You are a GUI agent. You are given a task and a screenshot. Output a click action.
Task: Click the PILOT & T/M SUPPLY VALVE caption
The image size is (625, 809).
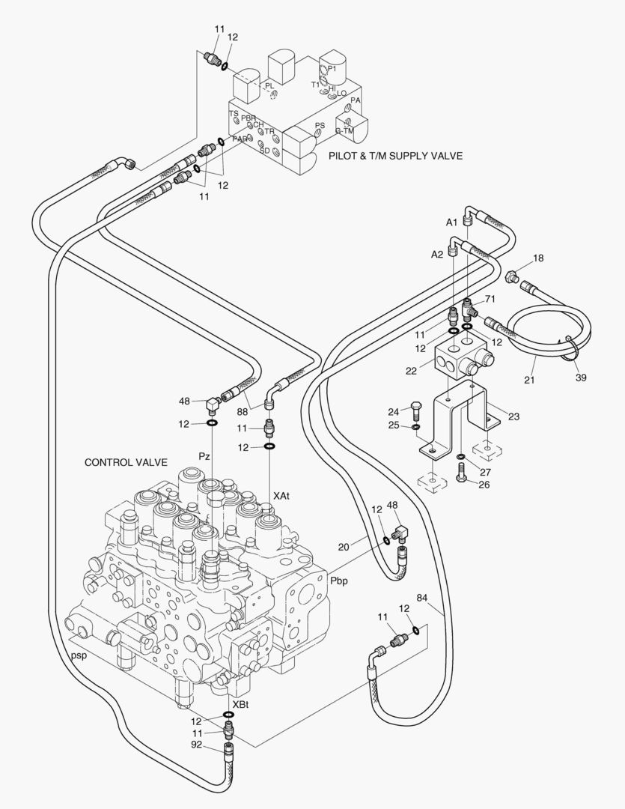tap(395, 156)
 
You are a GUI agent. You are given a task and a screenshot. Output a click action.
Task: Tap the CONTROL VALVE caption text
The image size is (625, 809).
tap(126, 462)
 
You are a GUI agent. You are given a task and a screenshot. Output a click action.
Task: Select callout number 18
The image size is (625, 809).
tap(538, 258)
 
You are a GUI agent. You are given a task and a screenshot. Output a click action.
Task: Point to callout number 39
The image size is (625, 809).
tap(581, 378)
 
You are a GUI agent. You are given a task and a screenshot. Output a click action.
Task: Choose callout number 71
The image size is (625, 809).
tap(490, 299)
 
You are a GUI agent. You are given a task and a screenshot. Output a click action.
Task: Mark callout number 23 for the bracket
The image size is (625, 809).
tap(513, 416)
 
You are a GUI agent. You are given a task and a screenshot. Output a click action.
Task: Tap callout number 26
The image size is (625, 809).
tap(484, 484)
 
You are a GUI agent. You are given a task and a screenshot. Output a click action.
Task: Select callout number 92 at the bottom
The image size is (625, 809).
tap(196, 745)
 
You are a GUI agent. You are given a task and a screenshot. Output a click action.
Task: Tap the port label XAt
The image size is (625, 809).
tap(282, 496)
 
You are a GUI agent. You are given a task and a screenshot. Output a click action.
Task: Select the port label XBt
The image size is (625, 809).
tap(241, 705)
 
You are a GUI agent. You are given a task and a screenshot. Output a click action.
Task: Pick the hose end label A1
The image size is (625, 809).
tap(451, 222)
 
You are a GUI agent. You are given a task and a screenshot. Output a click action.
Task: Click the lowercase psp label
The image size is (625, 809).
tap(79, 655)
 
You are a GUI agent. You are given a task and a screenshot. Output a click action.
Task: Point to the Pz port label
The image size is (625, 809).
tap(204, 455)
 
